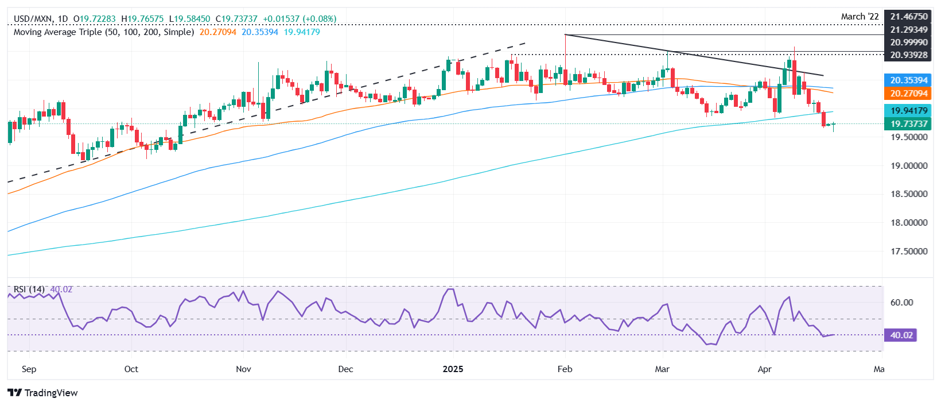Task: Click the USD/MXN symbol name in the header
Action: [x=32, y=19]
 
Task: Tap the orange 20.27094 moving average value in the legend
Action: [x=217, y=32]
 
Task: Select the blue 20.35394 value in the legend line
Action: [x=259, y=32]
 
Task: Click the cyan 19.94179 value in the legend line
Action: [x=302, y=32]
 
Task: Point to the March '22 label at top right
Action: [x=860, y=17]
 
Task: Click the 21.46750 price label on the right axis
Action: [x=909, y=17]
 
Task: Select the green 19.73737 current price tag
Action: [x=909, y=124]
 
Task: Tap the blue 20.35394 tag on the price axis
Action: [x=909, y=80]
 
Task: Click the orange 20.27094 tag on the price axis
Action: [x=909, y=94]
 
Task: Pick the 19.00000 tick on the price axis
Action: [x=909, y=165]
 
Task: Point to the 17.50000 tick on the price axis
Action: [x=909, y=252]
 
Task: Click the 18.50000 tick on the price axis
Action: [x=909, y=194]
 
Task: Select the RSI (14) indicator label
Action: [x=29, y=289]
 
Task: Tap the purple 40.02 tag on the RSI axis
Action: [x=901, y=335]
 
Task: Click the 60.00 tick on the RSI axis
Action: [x=901, y=303]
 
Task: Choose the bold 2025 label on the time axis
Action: [x=453, y=369]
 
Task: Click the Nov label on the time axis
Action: [x=243, y=369]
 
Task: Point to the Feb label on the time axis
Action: [x=565, y=369]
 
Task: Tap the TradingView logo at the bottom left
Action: [x=43, y=393]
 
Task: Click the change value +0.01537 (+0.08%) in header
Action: [x=300, y=19]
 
